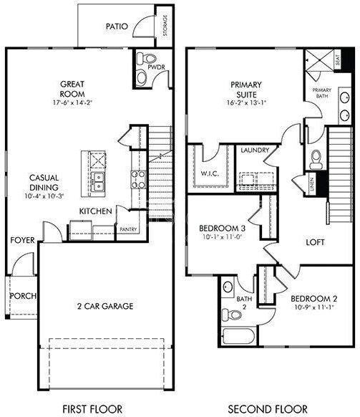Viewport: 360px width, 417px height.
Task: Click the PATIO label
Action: (117, 27)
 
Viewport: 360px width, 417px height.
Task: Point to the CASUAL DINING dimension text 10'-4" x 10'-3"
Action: (45, 196)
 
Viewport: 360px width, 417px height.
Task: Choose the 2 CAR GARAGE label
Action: (105, 306)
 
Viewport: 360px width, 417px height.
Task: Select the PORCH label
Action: (21, 296)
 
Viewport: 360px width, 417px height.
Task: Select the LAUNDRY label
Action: (255, 150)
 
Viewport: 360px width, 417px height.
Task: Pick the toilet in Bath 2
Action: (231, 314)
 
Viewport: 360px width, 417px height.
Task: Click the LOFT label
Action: (315, 241)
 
